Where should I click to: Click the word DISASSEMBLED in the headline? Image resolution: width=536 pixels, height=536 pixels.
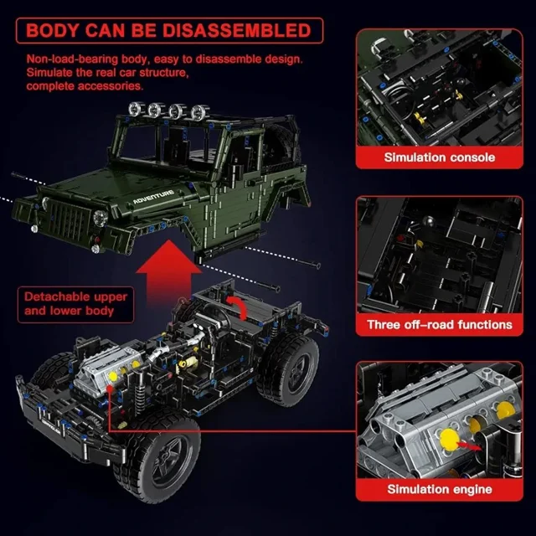click(236, 30)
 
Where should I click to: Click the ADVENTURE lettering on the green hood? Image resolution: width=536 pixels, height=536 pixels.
click(153, 197)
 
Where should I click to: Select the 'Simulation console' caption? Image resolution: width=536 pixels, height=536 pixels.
click(439, 157)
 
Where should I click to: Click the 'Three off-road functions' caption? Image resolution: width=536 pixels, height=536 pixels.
click(440, 324)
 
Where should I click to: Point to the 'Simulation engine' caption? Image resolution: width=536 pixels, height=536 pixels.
click(440, 489)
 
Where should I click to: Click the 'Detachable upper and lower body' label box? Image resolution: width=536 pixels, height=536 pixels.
click(75, 304)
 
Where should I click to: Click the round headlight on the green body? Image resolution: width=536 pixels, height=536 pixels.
click(100, 218)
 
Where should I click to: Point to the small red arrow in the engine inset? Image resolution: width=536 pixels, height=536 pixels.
click(467, 444)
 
